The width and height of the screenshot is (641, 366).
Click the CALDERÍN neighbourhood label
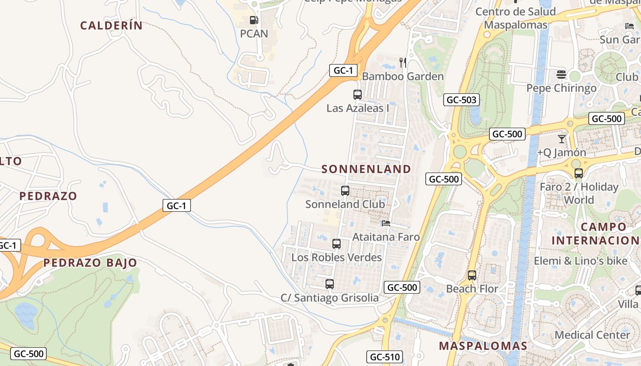[x=112, y=26]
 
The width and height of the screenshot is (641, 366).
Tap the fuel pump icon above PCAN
[x=254, y=20]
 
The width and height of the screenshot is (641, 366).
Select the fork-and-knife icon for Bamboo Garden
[x=403, y=62]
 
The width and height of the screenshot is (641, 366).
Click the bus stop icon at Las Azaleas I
[x=358, y=95]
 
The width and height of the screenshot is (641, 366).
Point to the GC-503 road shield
[x=461, y=100]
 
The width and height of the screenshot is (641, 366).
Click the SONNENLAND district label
[x=366, y=169]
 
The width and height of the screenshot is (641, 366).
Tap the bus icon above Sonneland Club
[x=345, y=191]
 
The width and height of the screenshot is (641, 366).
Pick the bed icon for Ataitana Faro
[x=386, y=223]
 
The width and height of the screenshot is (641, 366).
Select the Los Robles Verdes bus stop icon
[x=337, y=244]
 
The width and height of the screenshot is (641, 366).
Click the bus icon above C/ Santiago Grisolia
[x=330, y=284]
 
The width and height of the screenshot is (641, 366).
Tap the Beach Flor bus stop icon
[x=472, y=275]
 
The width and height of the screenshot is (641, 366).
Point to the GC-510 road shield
[x=385, y=357]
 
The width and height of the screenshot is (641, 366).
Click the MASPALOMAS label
[x=483, y=346]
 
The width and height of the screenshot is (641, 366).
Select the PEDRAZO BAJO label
[x=90, y=263]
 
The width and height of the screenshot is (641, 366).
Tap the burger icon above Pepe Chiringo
[x=561, y=74]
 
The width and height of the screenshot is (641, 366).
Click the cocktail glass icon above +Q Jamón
[x=562, y=139]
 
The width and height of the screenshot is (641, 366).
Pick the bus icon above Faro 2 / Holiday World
[x=579, y=173]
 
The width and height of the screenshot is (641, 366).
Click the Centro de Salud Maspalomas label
[x=516, y=18]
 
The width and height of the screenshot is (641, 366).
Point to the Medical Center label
[x=592, y=335]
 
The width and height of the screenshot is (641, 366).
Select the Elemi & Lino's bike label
[x=581, y=261]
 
